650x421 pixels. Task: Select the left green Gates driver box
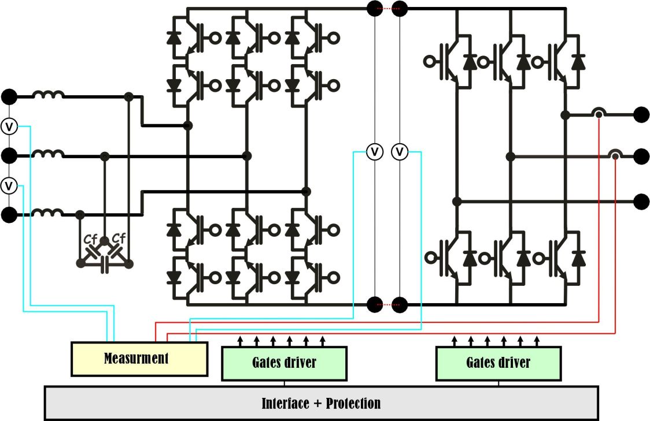click(284, 363)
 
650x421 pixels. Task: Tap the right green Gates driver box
click(498, 363)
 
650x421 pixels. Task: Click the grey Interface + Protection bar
click(321, 403)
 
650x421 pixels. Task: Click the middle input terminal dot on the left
click(9, 156)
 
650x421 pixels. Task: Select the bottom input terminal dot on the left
click(9, 215)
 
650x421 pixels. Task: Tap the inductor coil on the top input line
click(49, 95)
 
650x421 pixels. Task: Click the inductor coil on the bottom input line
click(49, 213)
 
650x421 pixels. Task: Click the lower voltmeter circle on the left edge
click(9, 186)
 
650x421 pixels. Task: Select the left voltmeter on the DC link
click(375, 152)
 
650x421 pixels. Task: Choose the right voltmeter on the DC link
click(400, 152)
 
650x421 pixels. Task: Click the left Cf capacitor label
click(90, 239)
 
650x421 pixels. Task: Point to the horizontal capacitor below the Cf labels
click(105, 264)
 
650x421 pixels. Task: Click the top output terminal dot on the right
click(641, 114)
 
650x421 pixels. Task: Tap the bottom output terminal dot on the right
click(641, 201)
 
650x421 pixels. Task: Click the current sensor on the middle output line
click(615, 155)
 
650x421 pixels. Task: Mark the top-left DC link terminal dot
click(375, 9)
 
